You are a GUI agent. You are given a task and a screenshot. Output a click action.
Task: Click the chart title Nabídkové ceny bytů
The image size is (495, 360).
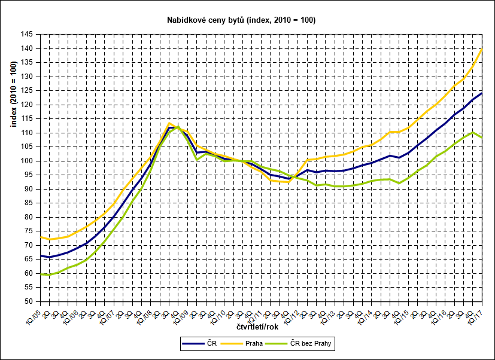[x=241, y=20]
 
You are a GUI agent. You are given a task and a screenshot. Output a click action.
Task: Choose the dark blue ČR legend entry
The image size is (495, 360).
[x=204, y=343]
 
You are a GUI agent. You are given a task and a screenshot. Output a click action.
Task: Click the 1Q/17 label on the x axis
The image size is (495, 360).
[x=476, y=315]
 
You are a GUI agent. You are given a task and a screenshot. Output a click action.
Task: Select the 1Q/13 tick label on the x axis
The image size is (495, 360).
[x=330, y=315]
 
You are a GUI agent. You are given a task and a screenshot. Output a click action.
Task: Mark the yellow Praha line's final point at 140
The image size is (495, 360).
[x=482, y=48]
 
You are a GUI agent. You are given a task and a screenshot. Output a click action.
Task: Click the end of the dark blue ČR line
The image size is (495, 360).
[x=482, y=93]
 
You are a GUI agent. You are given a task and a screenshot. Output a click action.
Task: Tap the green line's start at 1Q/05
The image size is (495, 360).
[x=41, y=274]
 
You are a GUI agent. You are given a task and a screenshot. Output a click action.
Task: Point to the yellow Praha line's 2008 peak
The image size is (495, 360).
[x=169, y=123]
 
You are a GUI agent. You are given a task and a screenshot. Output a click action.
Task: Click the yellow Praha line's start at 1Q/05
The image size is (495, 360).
[x=41, y=237]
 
